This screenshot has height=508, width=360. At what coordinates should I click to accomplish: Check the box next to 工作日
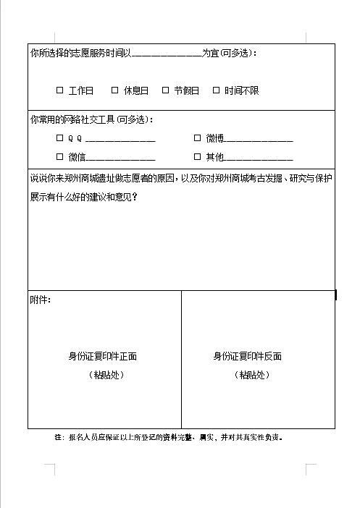point(60,90)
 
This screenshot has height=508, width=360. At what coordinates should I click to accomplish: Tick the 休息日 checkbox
point(114,90)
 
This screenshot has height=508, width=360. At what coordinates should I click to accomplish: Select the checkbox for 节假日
point(165,90)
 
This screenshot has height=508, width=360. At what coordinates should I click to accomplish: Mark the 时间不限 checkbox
point(216,90)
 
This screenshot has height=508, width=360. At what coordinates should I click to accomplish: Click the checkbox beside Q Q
point(60,137)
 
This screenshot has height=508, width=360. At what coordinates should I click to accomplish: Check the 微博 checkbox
point(197,137)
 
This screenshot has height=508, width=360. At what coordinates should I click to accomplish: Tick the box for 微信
point(60,156)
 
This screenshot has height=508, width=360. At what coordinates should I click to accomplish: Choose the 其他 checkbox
point(197,156)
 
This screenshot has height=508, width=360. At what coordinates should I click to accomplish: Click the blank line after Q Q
point(120,139)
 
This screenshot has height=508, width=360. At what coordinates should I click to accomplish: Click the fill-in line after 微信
point(120,158)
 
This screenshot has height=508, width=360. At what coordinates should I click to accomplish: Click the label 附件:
point(41,299)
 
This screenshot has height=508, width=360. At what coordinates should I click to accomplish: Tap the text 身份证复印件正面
point(103,356)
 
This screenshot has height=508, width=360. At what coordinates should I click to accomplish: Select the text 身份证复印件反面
point(247,356)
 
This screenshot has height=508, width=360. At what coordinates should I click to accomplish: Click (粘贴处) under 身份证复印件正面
point(106,375)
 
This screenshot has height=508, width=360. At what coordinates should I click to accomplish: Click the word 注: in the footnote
point(59,437)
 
